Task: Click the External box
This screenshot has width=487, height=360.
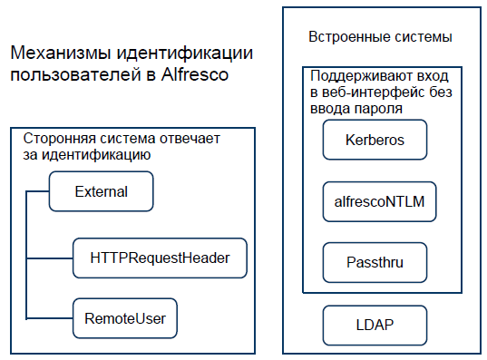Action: point(101,191)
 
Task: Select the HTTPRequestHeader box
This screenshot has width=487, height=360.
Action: point(160,258)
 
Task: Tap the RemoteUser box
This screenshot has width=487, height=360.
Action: point(124,318)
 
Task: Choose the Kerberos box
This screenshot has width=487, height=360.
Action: point(375,141)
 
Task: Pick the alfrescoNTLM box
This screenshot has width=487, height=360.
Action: point(380,202)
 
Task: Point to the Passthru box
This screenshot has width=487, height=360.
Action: point(375,262)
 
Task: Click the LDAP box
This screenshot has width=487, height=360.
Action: point(375,322)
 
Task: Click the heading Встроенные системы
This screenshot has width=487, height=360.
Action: point(381,37)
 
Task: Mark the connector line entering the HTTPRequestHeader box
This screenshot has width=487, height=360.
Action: point(50,258)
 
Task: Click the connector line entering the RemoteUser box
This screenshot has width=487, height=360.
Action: point(50,318)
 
